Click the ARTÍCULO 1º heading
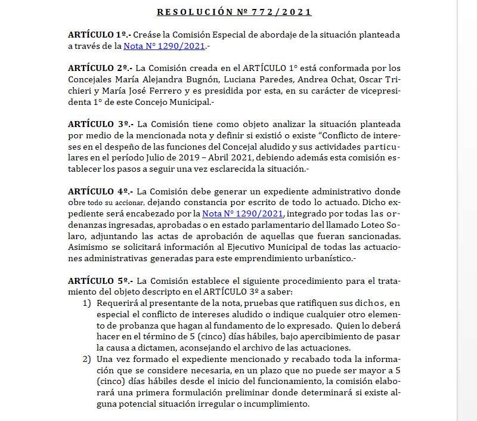tap(100, 35)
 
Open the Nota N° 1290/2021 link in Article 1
tap(164, 45)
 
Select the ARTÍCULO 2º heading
tap(100, 69)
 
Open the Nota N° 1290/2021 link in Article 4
tap(243, 214)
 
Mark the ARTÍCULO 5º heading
tap(100, 280)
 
